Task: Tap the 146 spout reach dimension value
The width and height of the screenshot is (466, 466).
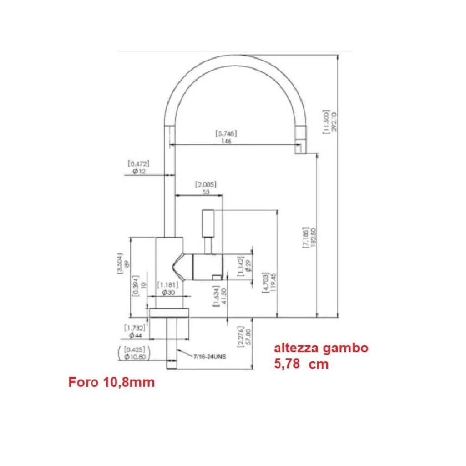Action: [x=226, y=141]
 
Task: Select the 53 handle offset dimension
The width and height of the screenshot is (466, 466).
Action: [x=205, y=192]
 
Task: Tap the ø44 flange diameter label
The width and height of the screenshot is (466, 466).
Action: [x=136, y=335]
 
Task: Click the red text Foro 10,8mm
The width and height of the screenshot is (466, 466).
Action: [x=111, y=382]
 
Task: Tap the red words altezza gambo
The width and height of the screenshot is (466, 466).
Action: [x=320, y=348]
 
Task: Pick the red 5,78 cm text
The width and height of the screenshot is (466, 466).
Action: [x=301, y=364]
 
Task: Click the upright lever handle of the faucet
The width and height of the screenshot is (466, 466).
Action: [x=208, y=223]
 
